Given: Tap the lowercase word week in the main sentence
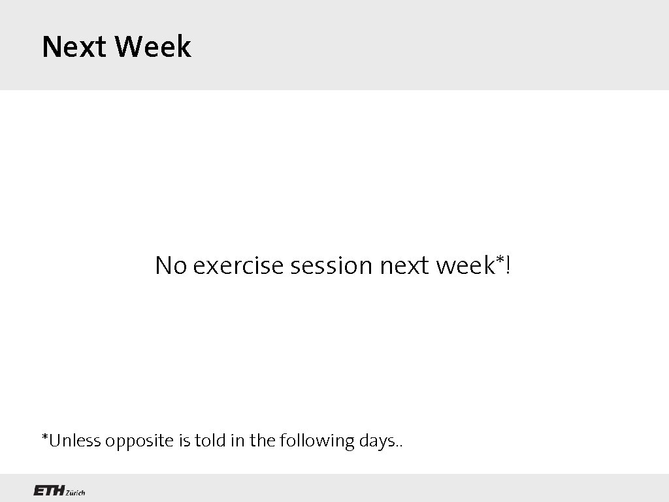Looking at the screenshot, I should pyautogui.click(x=465, y=265).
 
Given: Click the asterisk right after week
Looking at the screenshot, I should pyautogui.click(x=501, y=261).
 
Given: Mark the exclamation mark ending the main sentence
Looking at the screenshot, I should pyautogui.click(x=509, y=265).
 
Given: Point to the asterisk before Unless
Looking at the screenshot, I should pyautogui.click(x=45, y=437).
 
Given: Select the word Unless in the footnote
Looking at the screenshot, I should pyautogui.click(x=73, y=441).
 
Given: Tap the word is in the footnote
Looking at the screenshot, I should pyautogui.click(x=183, y=441).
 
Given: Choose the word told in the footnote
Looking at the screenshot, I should pyautogui.click(x=208, y=441).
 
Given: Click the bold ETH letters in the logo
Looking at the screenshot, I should pyautogui.click(x=48, y=491).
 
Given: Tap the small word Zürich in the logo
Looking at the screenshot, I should pyautogui.click(x=75, y=492).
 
